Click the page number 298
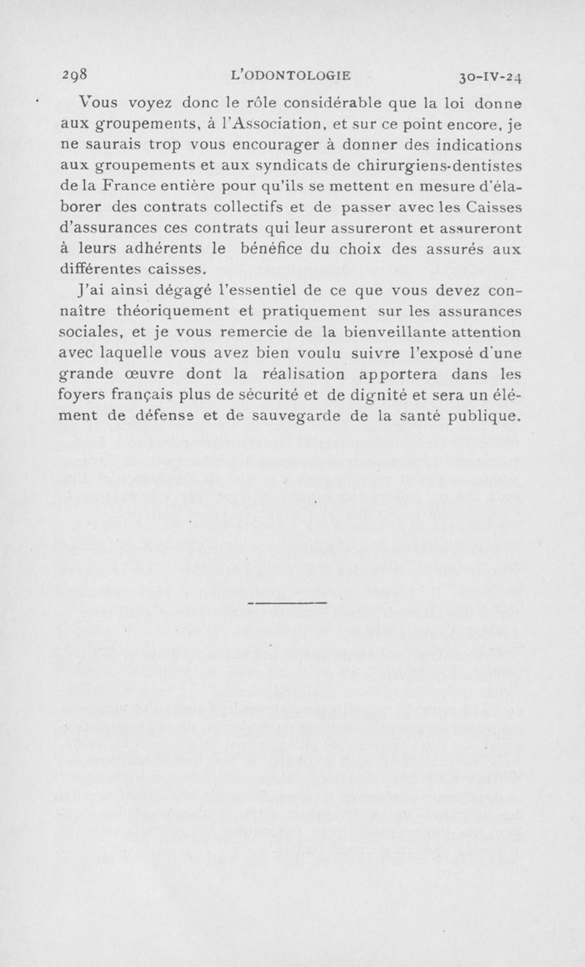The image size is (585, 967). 74,73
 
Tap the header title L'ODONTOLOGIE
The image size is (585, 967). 290,73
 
